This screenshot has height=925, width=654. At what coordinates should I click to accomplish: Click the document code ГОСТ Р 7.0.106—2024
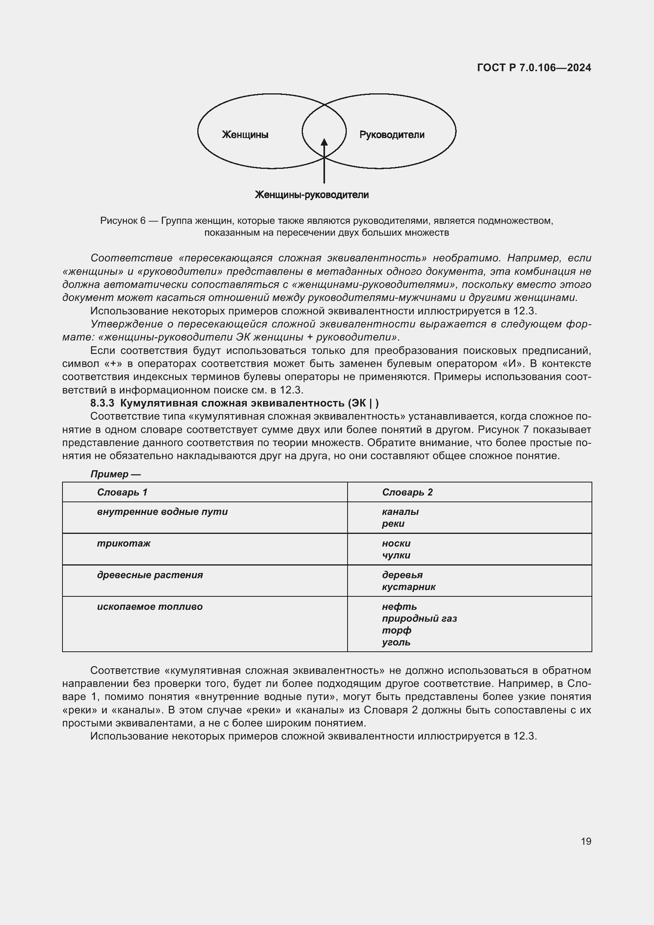[x=533, y=68]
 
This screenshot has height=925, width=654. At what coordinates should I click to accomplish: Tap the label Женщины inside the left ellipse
[x=245, y=134]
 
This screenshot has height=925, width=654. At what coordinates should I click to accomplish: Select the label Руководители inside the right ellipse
[x=391, y=134]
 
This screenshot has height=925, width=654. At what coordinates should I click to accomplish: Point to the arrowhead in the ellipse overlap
[x=324, y=142]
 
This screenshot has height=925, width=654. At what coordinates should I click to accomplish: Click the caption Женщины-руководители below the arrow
[x=312, y=195]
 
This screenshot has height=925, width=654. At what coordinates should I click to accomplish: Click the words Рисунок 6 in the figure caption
[x=123, y=221]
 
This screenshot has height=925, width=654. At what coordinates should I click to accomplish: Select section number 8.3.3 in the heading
[x=102, y=403]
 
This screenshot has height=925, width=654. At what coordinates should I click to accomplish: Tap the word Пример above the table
[x=109, y=474]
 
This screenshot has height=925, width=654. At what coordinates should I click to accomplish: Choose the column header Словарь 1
[x=122, y=492]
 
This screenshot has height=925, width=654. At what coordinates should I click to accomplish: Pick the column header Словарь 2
[x=407, y=492]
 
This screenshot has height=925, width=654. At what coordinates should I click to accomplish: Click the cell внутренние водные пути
[x=162, y=512]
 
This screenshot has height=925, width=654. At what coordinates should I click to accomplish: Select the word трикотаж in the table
[x=124, y=543]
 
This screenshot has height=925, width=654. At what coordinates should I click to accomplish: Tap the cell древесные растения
[x=150, y=575]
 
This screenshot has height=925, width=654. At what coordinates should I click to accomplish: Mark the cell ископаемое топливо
[x=150, y=606]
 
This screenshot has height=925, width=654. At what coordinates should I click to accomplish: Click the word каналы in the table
[x=400, y=512]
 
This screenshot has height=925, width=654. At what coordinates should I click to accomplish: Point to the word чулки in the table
[x=396, y=555]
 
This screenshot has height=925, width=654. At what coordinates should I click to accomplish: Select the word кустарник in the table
[x=408, y=586]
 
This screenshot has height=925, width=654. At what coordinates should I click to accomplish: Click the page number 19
[x=586, y=841]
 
